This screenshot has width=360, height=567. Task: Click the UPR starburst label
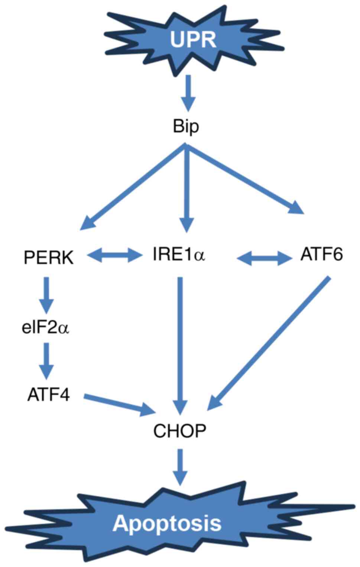click(193, 39)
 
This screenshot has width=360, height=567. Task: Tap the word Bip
click(186, 126)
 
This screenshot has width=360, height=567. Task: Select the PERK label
click(49, 257)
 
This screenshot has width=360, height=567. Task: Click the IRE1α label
click(179, 255)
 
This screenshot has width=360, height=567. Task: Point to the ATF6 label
click(321, 255)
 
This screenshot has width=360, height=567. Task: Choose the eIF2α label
click(46, 328)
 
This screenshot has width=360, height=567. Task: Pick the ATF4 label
click(48, 394)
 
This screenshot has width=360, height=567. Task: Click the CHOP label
click(180, 431)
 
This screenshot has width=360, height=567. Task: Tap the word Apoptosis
click(167, 523)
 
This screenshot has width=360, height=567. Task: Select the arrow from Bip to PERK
click(134, 186)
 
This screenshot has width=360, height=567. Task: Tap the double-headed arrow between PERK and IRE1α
click(113, 255)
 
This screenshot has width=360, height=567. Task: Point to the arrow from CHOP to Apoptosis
click(181, 467)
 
